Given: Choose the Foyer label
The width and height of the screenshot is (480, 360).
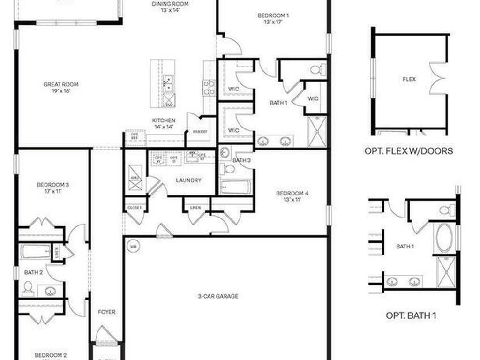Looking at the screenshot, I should [106, 312].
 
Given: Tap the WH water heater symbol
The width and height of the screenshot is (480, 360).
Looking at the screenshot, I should [133, 246].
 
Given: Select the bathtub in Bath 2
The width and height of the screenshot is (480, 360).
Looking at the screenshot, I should [36, 251].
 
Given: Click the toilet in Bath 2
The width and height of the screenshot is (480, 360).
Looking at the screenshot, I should [28, 287].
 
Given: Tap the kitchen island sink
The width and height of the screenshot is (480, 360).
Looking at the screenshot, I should [167, 83].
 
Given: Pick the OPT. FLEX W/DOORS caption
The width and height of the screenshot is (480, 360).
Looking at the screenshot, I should [409, 151].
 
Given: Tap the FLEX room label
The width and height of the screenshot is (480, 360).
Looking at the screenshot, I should [409, 79].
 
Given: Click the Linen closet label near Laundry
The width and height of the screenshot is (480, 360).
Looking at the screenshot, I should [196, 207].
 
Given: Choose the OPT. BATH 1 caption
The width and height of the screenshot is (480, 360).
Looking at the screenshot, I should [411, 315].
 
